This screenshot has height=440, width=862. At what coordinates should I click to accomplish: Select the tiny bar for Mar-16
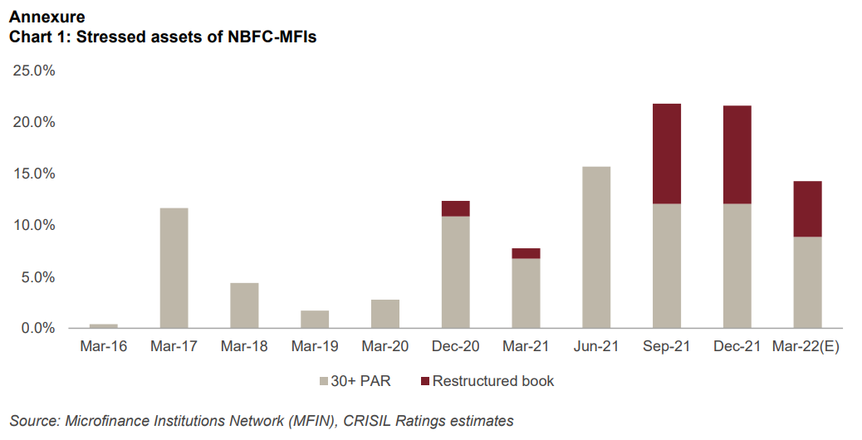point(104,325)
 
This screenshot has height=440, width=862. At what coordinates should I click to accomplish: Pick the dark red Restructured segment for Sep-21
point(667,154)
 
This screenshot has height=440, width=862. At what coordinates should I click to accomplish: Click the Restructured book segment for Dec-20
point(455,208)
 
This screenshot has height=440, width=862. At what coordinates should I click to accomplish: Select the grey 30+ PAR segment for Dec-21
point(737,266)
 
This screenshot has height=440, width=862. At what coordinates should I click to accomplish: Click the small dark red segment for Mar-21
point(526,253)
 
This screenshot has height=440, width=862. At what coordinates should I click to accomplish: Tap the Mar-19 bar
point(315,319)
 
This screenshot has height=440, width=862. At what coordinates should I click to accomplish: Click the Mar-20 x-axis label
point(384,347)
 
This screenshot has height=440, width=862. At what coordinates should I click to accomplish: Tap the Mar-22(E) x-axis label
point(806,347)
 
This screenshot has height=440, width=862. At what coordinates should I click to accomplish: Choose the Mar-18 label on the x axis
point(244,347)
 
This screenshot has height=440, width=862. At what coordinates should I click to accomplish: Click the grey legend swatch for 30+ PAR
point(323,382)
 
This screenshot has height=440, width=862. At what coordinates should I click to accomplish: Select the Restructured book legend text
point(492,381)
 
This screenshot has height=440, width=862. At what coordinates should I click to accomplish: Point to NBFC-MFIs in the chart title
point(272,37)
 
